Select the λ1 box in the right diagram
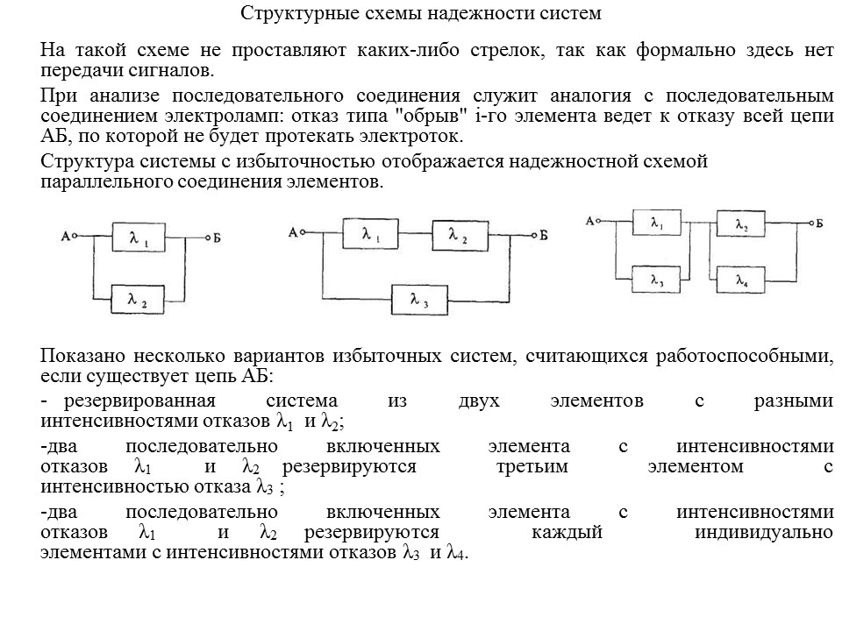[658, 223]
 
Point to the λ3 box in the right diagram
[658, 280]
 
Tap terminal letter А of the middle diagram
[293, 233]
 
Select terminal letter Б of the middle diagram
[545, 234]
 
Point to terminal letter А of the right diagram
[591, 221]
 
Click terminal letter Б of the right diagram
[820, 223]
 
